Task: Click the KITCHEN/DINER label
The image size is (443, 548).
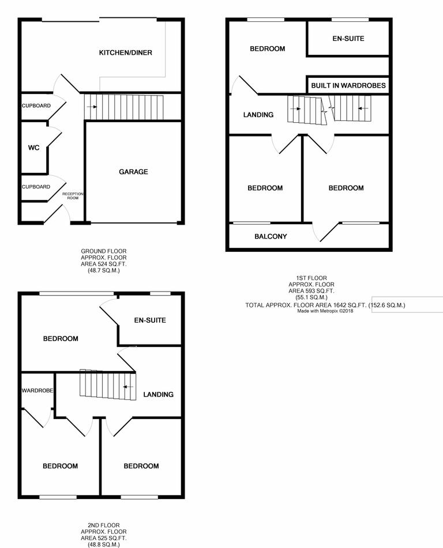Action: tap(125, 53)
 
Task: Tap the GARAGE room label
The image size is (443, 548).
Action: tap(133, 172)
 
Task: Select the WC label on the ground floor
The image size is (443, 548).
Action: tap(33, 148)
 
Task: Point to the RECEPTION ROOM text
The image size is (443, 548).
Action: tap(73, 196)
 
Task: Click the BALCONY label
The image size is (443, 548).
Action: tap(271, 236)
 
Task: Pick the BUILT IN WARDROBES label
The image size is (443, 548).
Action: tap(348, 86)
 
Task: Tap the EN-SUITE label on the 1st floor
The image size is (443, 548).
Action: tap(348, 39)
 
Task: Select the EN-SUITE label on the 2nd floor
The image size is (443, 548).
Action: tap(150, 320)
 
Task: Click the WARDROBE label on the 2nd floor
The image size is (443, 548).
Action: tap(37, 391)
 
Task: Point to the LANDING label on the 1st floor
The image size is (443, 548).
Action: tap(258, 115)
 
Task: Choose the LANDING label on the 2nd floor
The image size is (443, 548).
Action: tap(158, 395)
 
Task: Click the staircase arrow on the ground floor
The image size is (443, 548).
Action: tap(88, 107)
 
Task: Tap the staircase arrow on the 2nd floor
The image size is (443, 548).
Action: tap(130, 386)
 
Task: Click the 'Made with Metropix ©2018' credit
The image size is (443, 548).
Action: tap(325, 311)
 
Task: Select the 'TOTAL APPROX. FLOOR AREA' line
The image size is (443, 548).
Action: tap(325, 305)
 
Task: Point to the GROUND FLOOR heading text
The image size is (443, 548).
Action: tap(103, 251)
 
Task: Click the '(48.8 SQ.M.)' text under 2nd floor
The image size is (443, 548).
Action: tap(103, 544)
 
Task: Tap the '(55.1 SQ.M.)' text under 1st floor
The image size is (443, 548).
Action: tap(311, 297)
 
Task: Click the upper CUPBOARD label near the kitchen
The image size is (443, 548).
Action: tap(36, 106)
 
